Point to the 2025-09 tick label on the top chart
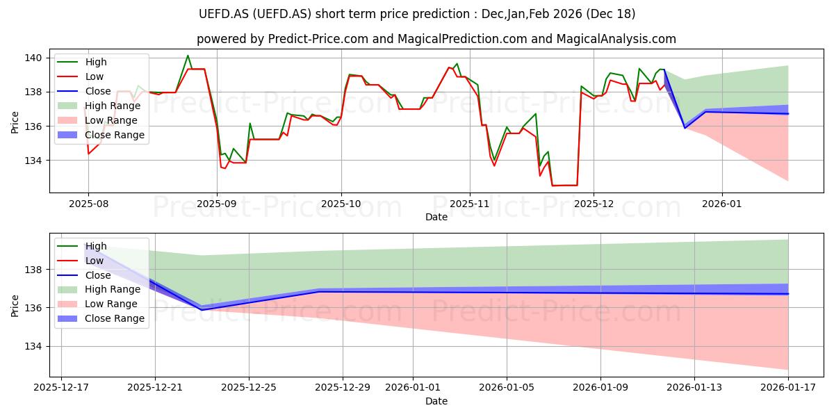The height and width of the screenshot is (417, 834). coord(217,204)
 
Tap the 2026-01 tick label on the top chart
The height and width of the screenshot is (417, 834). coord(722,204)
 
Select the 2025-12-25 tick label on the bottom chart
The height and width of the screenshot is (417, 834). coord(249,387)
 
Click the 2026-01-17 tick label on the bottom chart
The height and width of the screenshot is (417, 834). coord(788,387)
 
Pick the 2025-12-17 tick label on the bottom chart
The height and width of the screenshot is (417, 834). coord(61,387)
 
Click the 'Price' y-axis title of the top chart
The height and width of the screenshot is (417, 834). coord(15,121)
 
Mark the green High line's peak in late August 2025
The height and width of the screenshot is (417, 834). coord(188,56)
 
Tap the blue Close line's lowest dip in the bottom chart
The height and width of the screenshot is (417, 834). coord(202,309)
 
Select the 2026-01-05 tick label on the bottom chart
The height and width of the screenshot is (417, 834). coord(507,387)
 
